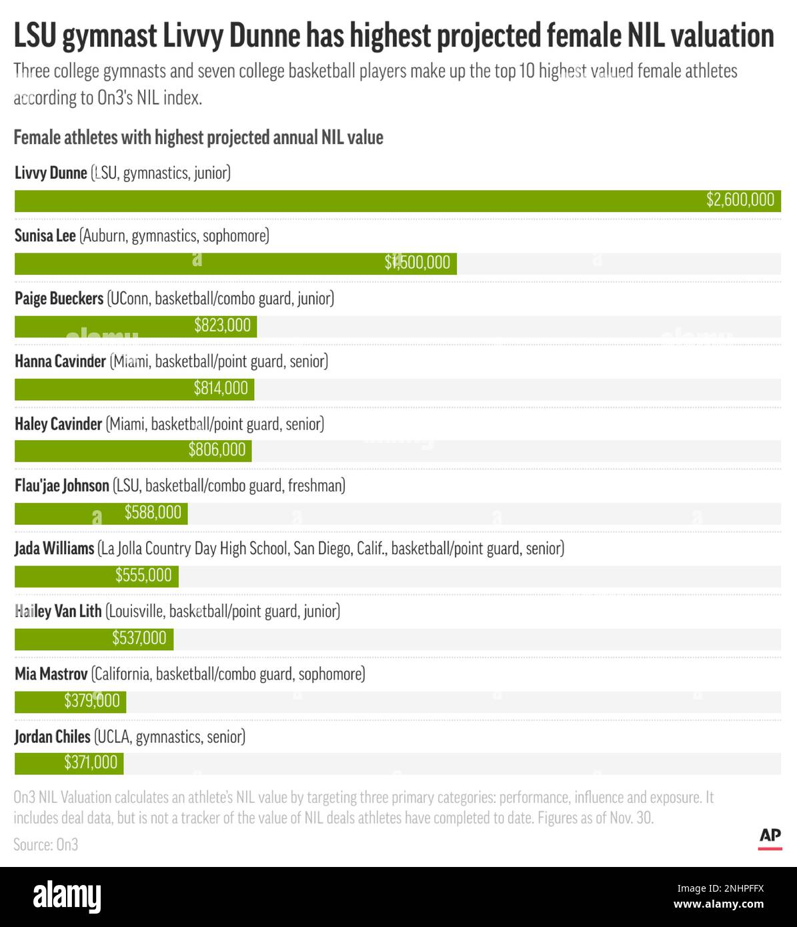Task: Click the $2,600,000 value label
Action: coord(740,200)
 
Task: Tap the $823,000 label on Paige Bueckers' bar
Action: coord(222,325)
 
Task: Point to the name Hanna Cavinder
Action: coord(60,361)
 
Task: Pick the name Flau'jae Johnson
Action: coord(62,486)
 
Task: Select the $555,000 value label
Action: coord(143,576)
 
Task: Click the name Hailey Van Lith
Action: coord(58,611)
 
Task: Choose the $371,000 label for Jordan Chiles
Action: coord(91,763)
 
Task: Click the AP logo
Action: coord(770,837)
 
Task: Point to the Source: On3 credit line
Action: coord(46,845)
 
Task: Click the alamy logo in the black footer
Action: coord(67,897)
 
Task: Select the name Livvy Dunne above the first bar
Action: coord(51,173)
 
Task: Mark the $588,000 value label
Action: coord(153,513)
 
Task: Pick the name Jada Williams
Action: coord(55,549)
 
